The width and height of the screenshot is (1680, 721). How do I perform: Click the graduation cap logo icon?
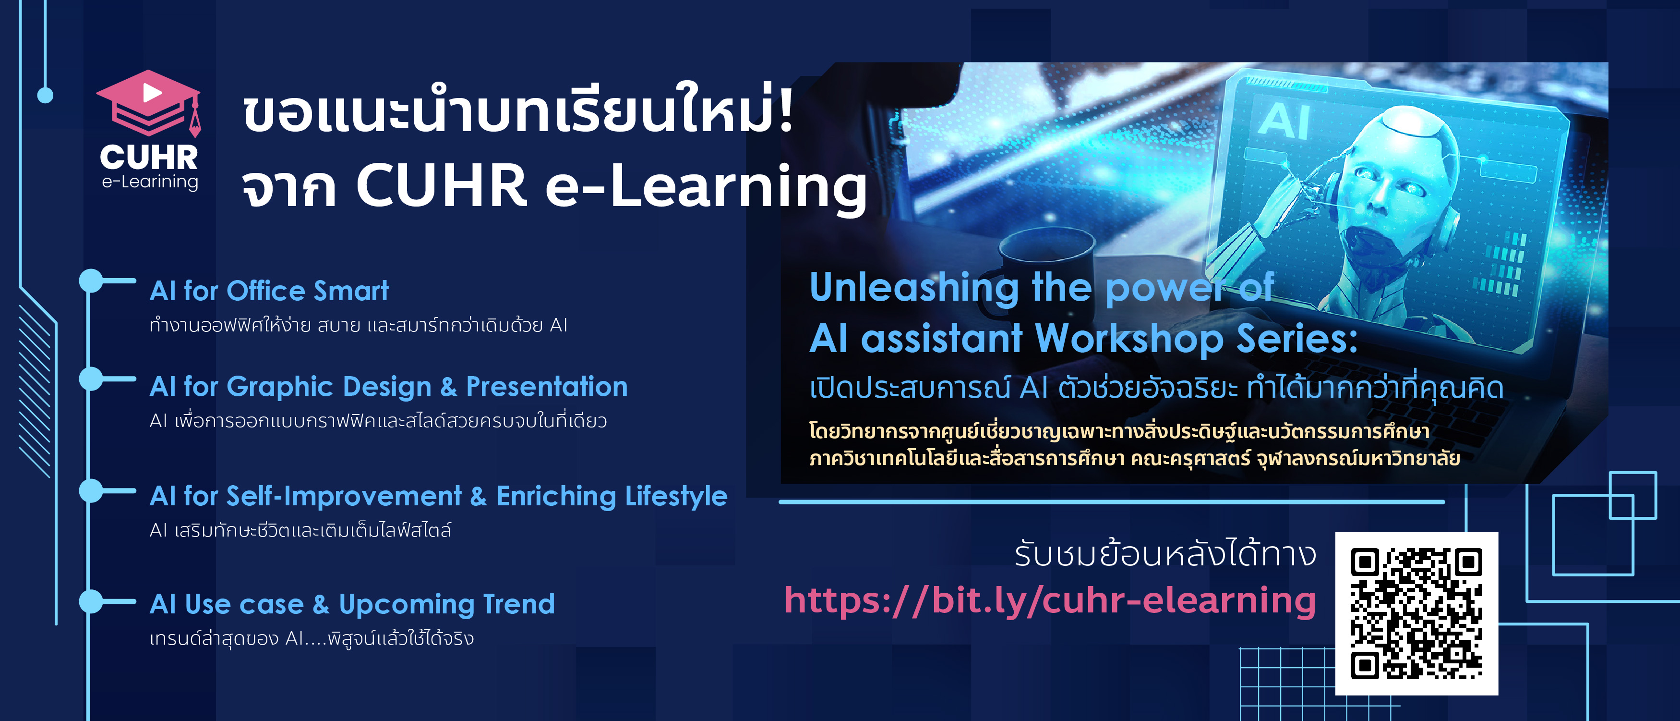click(149, 104)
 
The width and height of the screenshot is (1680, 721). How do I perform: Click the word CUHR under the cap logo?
click(149, 157)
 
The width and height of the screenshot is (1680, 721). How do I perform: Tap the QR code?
click(1416, 613)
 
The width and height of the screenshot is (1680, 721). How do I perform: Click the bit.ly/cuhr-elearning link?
click(1050, 600)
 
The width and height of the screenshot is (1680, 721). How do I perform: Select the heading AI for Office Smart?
click(269, 291)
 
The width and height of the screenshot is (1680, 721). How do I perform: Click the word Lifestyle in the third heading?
click(676, 497)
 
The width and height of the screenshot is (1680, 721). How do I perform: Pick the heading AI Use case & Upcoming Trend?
click(352, 604)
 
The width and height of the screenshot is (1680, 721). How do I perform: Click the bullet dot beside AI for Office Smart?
click(91, 281)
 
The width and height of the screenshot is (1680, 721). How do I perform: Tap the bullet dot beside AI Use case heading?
click(91, 601)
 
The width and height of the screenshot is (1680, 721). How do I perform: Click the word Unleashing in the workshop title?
click(913, 288)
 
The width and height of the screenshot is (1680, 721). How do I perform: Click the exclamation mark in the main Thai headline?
click(785, 108)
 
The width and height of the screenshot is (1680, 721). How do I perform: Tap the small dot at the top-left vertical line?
click(45, 95)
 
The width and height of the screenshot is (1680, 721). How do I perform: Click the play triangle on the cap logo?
click(152, 92)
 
